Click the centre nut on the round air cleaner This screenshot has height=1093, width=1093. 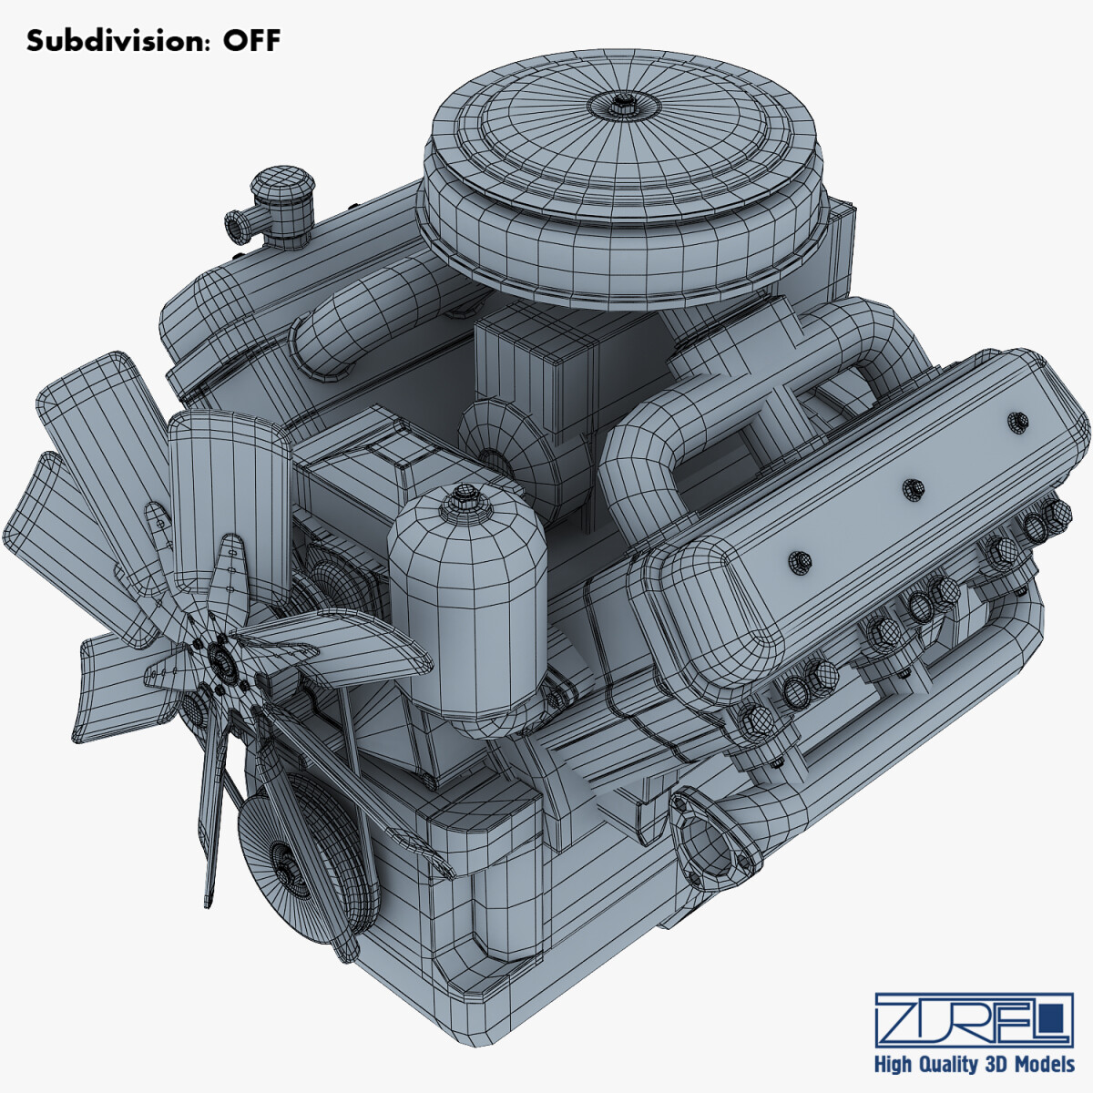[x=623, y=102]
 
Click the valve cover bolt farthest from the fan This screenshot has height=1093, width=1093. [x=1018, y=421]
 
